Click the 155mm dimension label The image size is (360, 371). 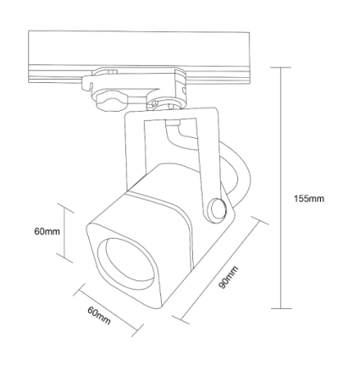309,199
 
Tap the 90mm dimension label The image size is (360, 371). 229,278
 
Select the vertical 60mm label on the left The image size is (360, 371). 47,232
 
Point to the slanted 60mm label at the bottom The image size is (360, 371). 99,316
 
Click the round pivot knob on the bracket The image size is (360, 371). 218,210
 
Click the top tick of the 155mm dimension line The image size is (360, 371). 280,68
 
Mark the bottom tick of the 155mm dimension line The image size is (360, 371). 281,308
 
